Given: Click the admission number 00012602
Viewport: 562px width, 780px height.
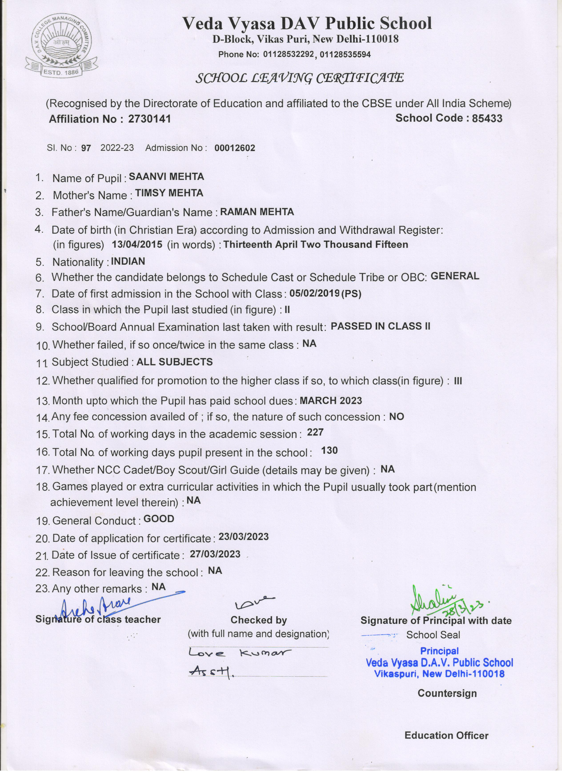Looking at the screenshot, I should (x=235, y=148).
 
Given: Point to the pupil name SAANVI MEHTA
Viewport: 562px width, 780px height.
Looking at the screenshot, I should (x=166, y=177).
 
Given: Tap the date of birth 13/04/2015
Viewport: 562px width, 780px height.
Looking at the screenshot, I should (x=137, y=244).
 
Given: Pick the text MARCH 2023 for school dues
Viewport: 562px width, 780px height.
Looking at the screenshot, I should (x=331, y=400).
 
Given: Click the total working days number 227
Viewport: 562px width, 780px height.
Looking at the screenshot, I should (x=315, y=432).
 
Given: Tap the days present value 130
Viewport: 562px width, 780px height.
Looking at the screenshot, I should (x=329, y=451).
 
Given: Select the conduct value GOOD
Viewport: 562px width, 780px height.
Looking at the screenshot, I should (x=159, y=519).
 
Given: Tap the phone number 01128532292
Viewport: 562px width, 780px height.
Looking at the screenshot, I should (x=288, y=54).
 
